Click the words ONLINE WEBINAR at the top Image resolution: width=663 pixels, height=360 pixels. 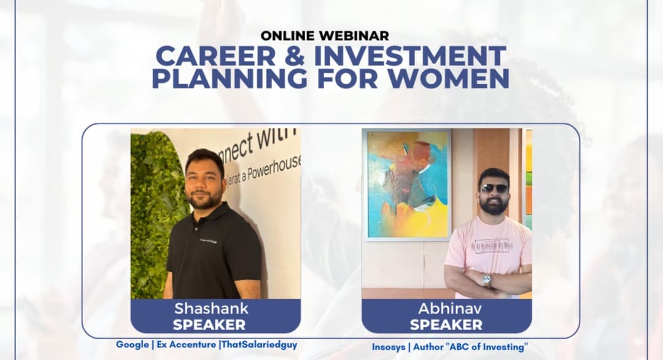tap(324, 36)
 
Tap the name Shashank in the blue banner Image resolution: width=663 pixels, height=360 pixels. tap(211, 308)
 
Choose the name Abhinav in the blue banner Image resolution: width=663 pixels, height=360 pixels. tap(446, 308)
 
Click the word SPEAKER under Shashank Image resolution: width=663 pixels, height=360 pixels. tap(209, 324)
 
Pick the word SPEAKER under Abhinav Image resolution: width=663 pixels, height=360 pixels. tap(446, 324)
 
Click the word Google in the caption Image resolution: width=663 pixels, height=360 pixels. tap(132, 345)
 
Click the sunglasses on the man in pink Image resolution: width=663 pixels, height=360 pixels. tap(494, 189)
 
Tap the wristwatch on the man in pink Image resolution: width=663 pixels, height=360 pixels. tap(487, 280)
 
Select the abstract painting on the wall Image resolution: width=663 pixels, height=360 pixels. tap(406, 184)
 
